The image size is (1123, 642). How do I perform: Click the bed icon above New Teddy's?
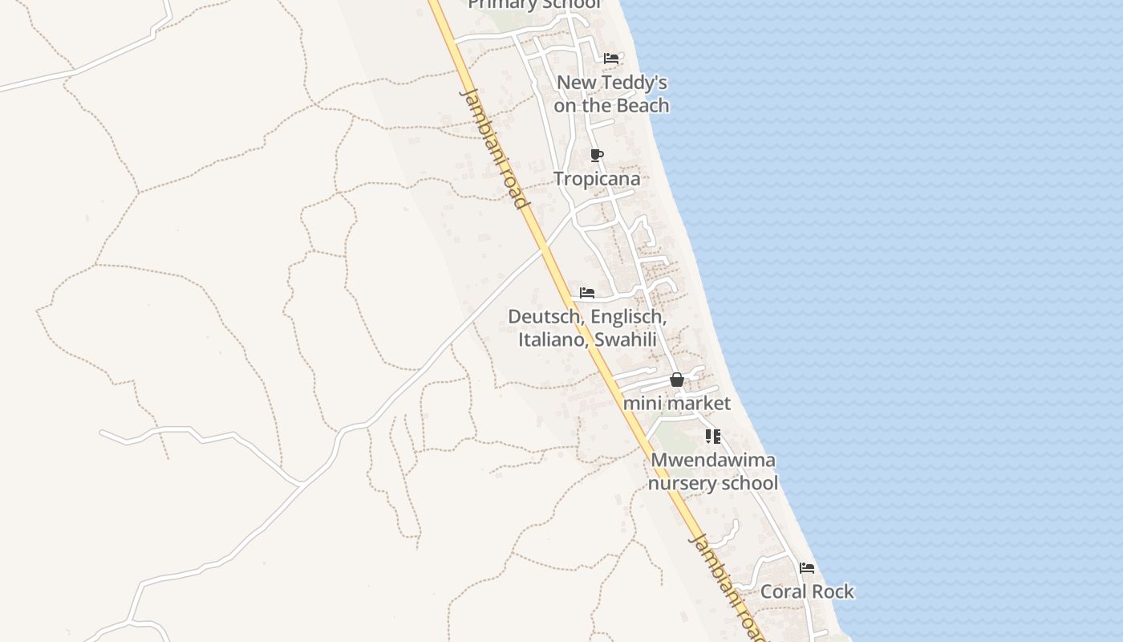pos(611,59)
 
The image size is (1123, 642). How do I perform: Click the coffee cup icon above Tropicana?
pos(596,155)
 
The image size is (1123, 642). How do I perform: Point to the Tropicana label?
pos(597,179)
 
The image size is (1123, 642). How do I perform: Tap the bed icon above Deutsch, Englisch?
pos(587,293)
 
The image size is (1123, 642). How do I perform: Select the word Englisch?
pos(629,317)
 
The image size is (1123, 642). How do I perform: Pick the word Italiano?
pos(552,339)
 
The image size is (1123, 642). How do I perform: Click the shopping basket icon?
pos(677,380)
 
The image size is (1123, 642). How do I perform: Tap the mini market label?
pos(677,403)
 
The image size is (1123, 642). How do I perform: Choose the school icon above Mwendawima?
pos(712,437)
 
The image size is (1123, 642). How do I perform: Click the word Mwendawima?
pos(713,460)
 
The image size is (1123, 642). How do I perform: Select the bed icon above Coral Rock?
pos(807,568)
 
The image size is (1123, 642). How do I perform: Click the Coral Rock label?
pos(807,591)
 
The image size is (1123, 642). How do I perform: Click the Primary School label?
pos(534,5)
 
